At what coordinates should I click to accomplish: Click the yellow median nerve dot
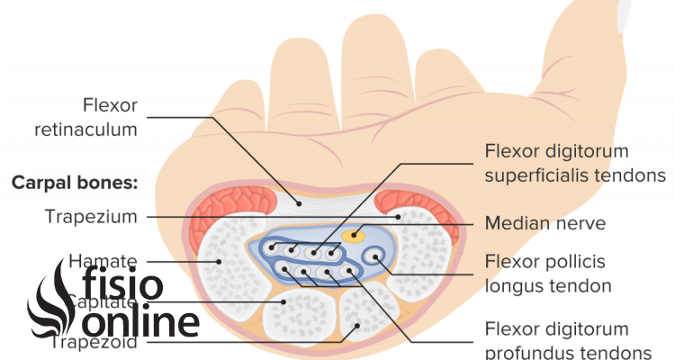353,236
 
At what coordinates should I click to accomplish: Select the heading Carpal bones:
74,182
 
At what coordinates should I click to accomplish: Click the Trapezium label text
91,216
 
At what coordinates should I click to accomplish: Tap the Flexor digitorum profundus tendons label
567,340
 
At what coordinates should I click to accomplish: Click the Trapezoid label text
91,342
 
